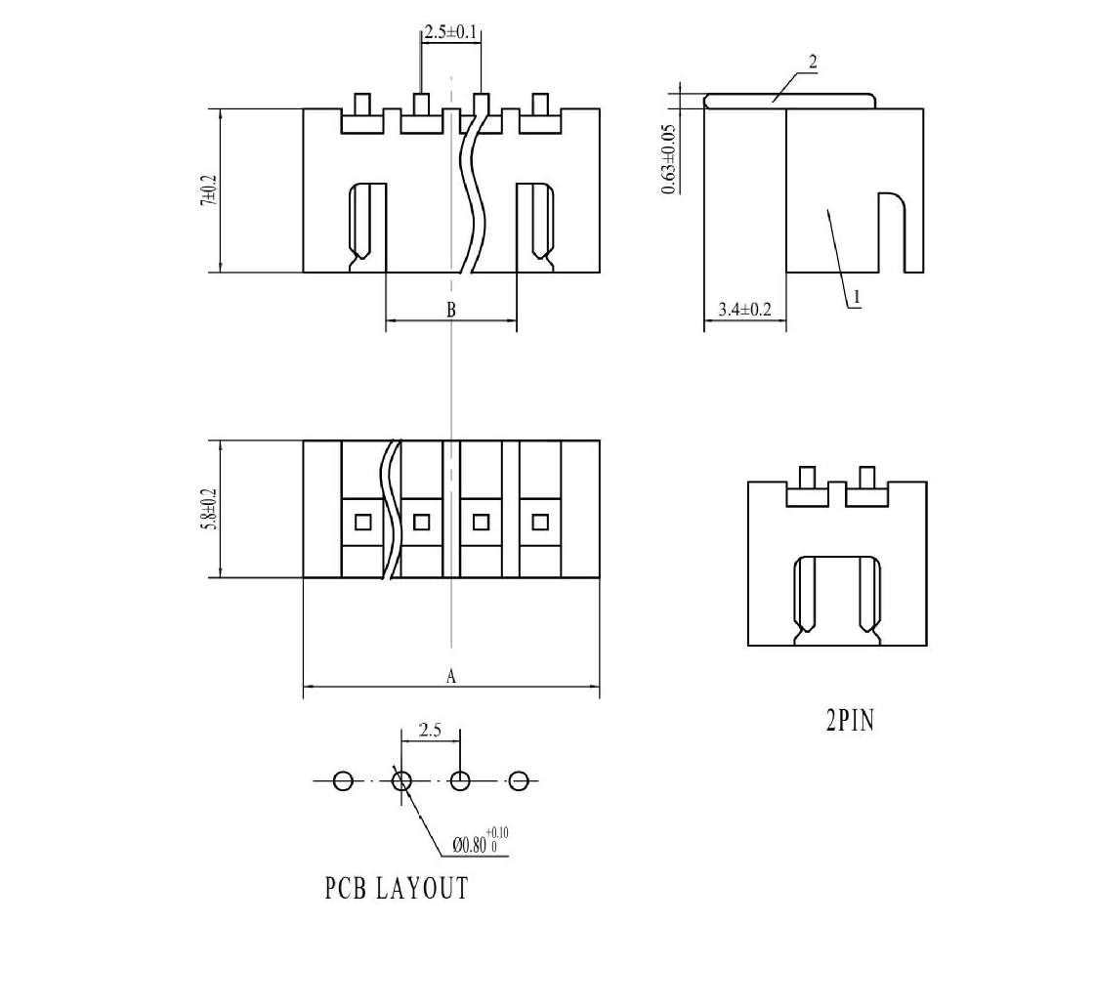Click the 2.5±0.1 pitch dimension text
[451, 32]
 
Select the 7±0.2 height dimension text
[209, 189]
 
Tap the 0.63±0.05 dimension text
[668, 159]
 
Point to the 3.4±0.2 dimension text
[745, 309]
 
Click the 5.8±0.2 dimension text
[209, 509]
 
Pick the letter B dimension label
[450, 309]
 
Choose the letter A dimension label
[450, 676]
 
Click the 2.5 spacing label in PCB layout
[430, 731]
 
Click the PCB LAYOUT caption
[397, 889]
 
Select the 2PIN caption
[850, 721]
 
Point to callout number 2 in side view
[813, 63]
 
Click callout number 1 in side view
[857, 298]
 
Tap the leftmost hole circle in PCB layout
[343, 781]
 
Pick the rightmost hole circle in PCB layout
[518, 781]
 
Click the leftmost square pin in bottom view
[362, 522]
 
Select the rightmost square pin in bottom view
[540, 522]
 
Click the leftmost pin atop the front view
[362, 105]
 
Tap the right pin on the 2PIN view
[867, 479]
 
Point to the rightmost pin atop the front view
[540, 105]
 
